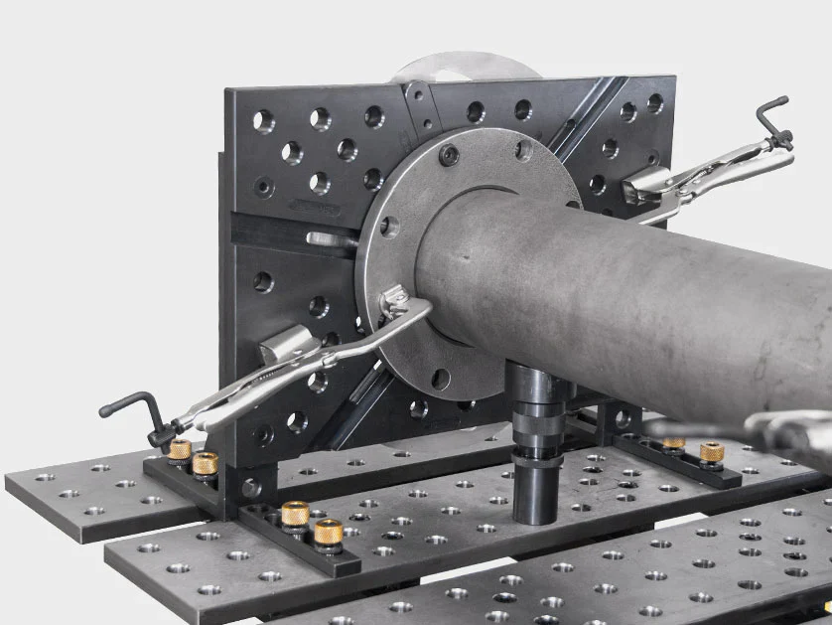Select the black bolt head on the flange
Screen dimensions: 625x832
449,155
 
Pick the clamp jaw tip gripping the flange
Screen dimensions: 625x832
396,297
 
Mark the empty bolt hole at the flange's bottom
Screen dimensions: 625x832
441,378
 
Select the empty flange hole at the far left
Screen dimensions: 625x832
389,227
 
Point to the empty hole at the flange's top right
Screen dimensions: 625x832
523,150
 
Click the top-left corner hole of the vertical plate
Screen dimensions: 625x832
263,121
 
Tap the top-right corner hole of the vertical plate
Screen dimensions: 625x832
655,102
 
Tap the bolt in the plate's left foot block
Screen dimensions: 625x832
251,488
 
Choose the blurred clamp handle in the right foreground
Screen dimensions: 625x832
784,432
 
